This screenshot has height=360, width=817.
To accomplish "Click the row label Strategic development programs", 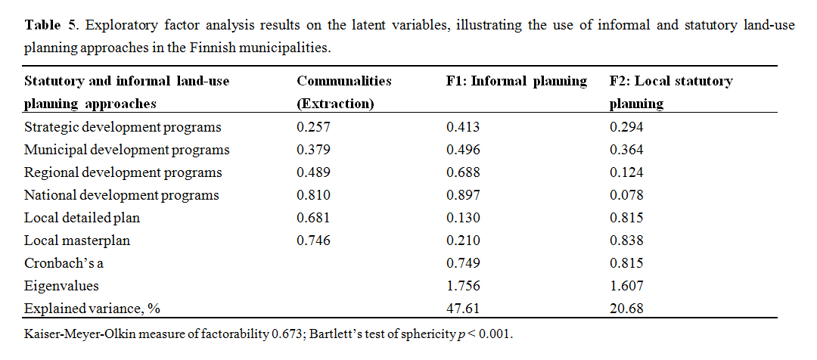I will click(123, 127).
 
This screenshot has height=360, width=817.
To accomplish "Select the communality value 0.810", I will click(312, 195).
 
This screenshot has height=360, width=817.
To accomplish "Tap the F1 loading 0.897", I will click(463, 195).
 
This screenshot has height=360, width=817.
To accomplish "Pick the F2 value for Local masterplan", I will click(626, 241).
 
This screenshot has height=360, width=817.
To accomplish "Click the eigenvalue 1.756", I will click(463, 286).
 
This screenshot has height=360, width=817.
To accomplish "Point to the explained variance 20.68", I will click(626, 309).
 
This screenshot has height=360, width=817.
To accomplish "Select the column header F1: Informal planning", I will click(517, 81).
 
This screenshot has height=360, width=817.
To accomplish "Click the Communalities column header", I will click(344, 81).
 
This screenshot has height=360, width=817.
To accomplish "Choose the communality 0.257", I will click(312, 127).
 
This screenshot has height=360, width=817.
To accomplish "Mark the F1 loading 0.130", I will click(463, 218).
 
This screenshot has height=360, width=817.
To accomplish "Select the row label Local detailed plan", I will click(82, 218).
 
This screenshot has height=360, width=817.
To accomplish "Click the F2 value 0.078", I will click(626, 195).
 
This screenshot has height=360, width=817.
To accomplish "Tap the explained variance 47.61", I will click(463, 309).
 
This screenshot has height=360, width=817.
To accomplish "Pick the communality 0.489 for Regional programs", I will click(312, 172).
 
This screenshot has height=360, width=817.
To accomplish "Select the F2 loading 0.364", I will click(626, 150).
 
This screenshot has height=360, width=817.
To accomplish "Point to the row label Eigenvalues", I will click(61, 286).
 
